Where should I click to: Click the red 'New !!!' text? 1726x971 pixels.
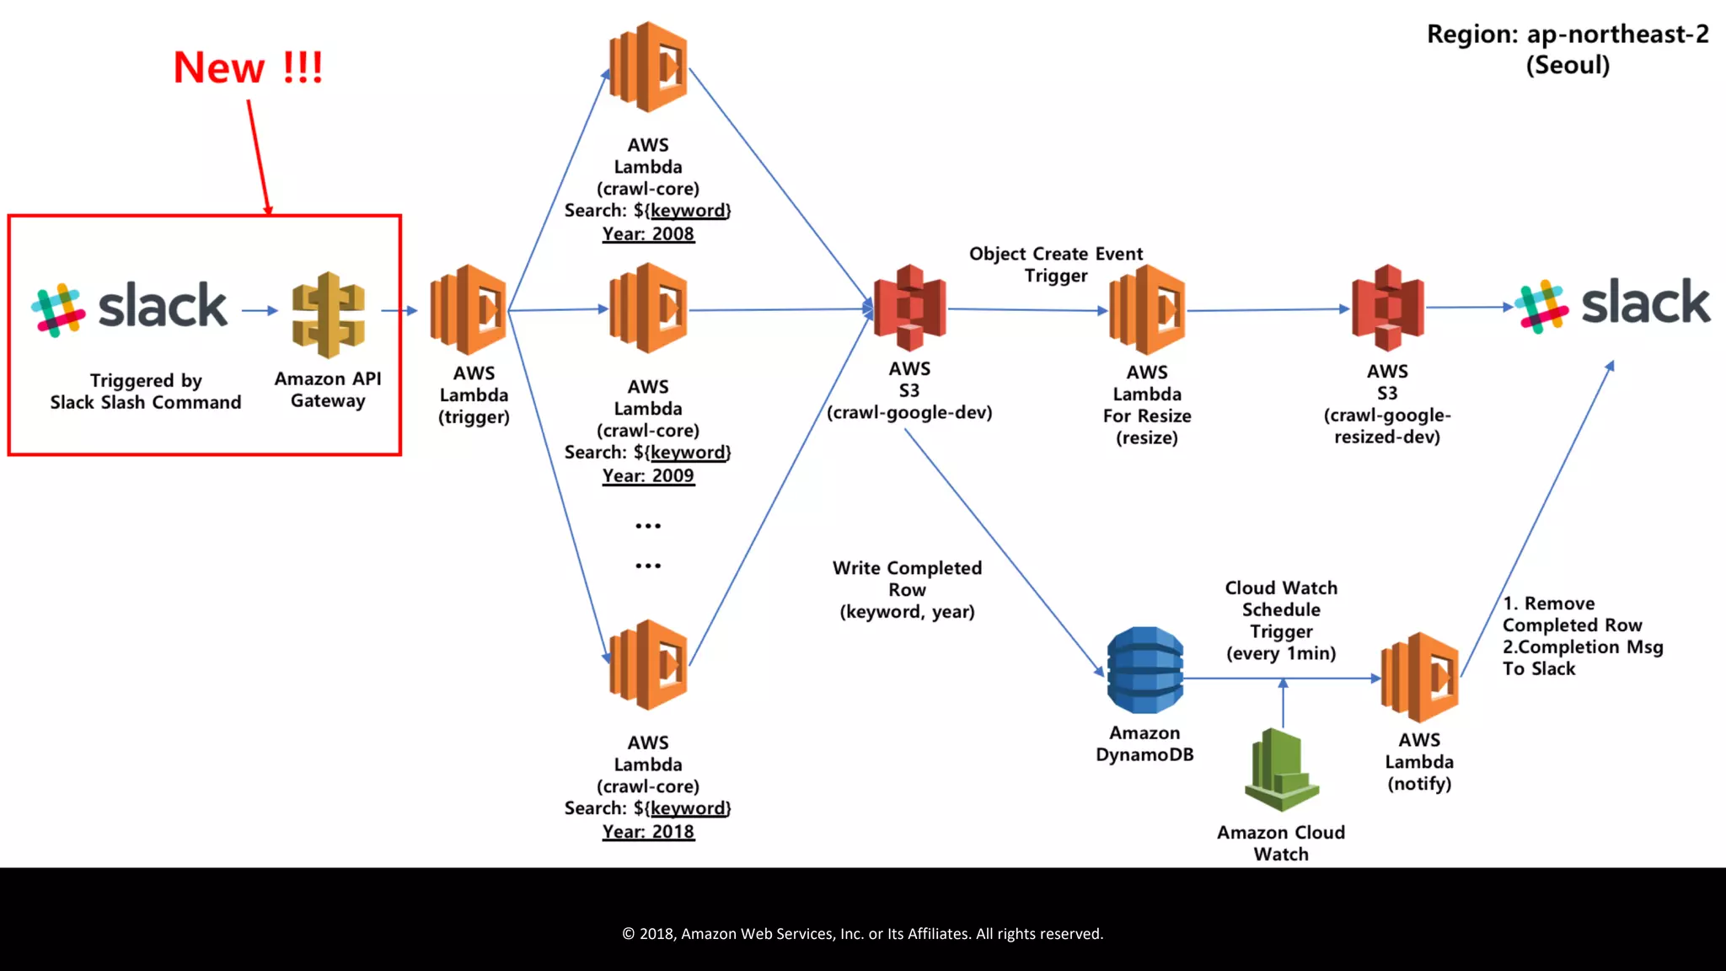(x=248, y=67)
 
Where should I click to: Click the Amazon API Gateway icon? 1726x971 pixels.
(x=328, y=314)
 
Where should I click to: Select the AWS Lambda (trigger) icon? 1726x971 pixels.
(x=469, y=309)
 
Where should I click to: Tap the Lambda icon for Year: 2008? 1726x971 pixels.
(x=648, y=67)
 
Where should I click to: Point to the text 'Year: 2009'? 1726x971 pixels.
(x=648, y=475)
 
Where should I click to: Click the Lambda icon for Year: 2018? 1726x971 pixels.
(x=648, y=664)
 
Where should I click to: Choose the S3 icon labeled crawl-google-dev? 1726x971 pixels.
(x=909, y=308)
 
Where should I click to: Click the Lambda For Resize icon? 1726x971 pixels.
(x=1147, y=309)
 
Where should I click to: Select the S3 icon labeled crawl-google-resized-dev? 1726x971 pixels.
(x=1387, y=308)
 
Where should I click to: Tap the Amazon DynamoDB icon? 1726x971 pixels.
(x=1144, y=670)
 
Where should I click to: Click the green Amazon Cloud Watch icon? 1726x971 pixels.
(x=1281, y=770)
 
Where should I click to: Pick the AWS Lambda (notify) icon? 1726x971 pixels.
(x=1420, y=677)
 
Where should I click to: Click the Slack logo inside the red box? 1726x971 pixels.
(x=129, y=308)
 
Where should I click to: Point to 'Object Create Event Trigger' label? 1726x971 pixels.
(x=1055, y=265)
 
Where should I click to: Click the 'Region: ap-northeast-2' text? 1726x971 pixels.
(x=1567, y=35)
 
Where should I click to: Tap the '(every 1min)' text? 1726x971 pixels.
(x=1281, y=653)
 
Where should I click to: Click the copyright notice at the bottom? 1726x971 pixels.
(x=862, y=934)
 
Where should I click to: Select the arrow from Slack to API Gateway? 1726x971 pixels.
(x=260, y=311)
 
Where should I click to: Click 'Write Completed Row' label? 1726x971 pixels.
(x=907, y=579)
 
